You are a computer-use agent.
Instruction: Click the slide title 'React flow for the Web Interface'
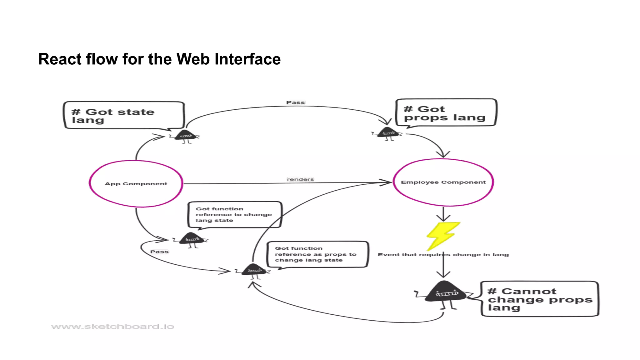click(x=159, y=59)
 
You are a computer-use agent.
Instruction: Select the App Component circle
click(x=136, y=184)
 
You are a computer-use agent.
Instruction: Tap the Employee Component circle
click(x=443, y=182)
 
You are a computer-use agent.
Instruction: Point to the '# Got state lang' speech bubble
click(x=124, y=115)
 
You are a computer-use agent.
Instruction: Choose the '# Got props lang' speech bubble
click(x=446, y=113)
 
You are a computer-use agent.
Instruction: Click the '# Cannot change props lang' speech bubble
click(x=539, y=299)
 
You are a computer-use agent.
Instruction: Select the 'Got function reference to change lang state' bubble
click(x=234, y=215)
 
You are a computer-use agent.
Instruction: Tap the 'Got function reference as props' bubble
click(x=317, y=254)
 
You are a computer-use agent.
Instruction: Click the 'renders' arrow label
click(x=300, y=179)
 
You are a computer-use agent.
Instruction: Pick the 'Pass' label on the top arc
click(x=295, y=102)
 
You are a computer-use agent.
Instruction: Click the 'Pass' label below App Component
click(x=159, y=252)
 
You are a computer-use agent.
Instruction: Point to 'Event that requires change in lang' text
click(x=443, y=255)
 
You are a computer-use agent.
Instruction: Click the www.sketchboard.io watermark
click(x=112, y=327)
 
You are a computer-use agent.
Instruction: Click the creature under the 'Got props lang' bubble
click(x=387, y=133)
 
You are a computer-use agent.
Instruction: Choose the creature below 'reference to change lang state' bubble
click(x=192, y=239)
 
